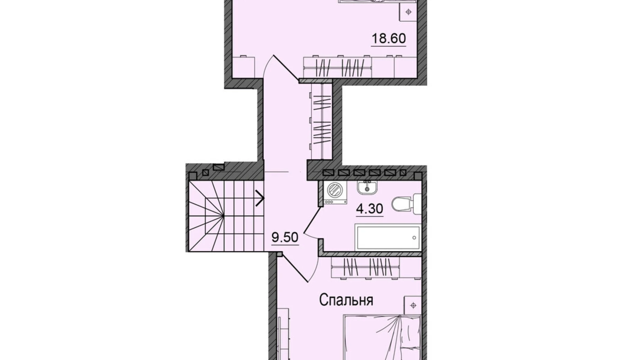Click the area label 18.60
pyautogui.click(x=388, y=38)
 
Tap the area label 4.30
pyautogui.click(x=369, y=209)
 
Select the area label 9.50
pyautogui.click(x=285, y=237)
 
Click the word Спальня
pyautogui.click(x=346, y=300)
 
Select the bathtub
pyautogui.click(x=387, y=237)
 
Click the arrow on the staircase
pyautogui.click(x=260, y=198)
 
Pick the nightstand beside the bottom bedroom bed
pyautogui.click(x=413, y=305)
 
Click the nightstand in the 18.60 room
pyautogui.click(x=409, y=12)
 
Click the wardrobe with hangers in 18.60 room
pyautogui.click(x=337, y=67)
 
